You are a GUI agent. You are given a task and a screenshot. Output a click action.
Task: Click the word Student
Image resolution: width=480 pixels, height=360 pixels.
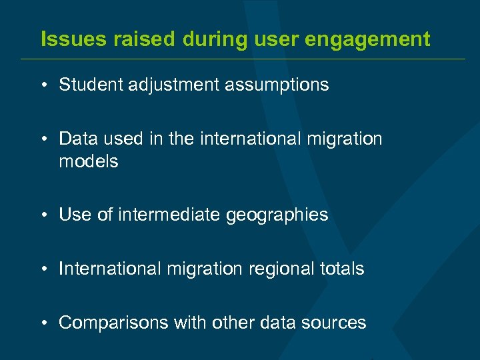pos(86,85)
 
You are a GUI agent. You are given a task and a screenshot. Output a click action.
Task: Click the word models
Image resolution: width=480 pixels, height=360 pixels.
pos(89,161)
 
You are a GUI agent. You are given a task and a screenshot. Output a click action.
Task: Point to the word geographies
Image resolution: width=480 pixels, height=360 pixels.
pos(277,215)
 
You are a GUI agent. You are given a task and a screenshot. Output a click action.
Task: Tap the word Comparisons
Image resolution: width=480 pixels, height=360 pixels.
pos(113,323)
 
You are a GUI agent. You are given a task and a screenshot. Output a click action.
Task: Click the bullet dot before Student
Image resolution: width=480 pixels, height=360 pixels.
pos(43,85)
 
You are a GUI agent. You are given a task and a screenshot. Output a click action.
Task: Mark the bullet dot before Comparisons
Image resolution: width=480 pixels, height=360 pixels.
pos(43,323)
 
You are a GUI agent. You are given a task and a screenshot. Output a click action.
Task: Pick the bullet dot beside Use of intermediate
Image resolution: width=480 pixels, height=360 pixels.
pos(43,215)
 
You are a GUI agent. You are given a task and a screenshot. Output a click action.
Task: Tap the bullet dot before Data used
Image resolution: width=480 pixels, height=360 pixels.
pos(43,139)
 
